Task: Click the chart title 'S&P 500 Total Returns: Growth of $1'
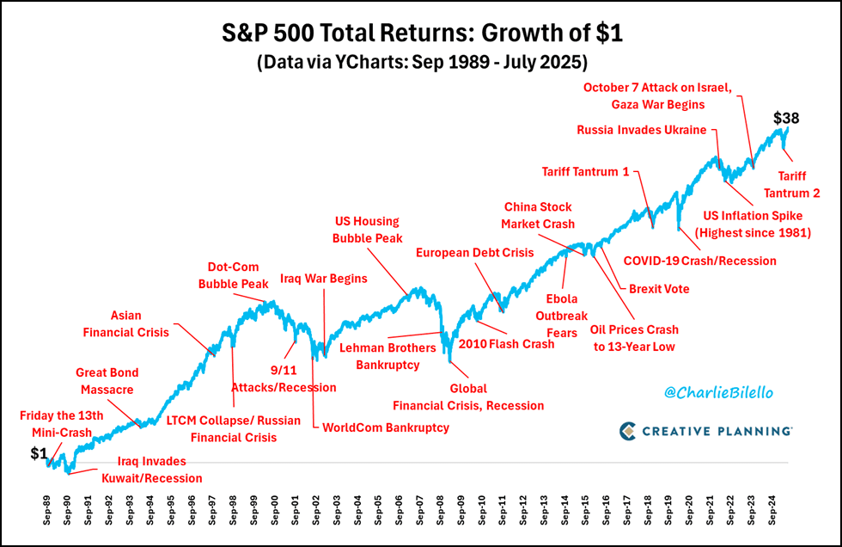pos(420,35)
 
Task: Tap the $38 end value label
pos(788,117)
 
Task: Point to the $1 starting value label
pos(40,453)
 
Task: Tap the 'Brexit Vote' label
pos(659,289)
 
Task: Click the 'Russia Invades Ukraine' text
pos(642,130)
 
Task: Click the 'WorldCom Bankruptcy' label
pos(385,427)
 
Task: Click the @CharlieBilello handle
pos(719,392)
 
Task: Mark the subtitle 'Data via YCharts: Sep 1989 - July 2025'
pos(420,63)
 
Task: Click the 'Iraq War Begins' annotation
pos(324,279)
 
